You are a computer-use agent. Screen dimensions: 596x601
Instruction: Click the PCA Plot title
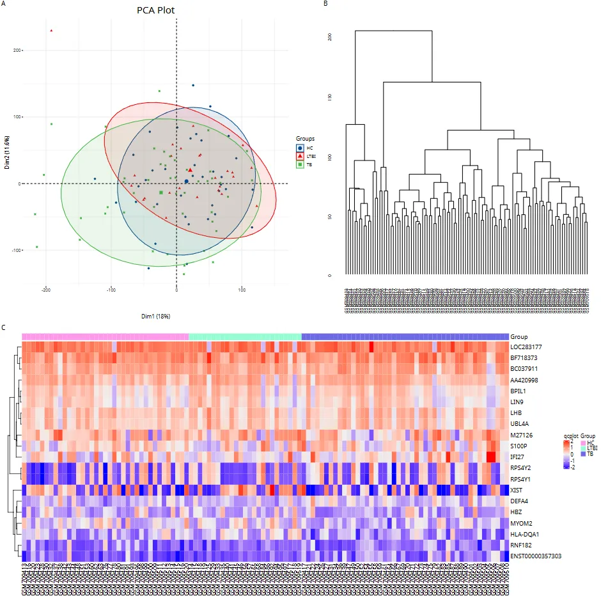[x=155, y=11]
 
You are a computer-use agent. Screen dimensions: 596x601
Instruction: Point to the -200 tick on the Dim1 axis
[x=46, y=289]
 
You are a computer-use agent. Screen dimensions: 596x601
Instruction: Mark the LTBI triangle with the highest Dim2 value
[x=51, y=30]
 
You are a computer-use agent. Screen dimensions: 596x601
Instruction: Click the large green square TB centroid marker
[x=160, y=192]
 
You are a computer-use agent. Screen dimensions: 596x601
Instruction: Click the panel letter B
[x=325, y=4]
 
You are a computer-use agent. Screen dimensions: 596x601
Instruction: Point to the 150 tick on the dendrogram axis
[x=330, y=97]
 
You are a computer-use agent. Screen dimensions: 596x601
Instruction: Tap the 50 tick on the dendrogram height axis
[x=330, y=217]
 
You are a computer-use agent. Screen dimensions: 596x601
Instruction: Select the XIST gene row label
[x=517, y=489]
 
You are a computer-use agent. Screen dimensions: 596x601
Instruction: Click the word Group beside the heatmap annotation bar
[x=519, y=336]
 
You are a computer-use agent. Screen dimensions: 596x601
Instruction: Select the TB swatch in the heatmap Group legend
[x=583, y=453]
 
